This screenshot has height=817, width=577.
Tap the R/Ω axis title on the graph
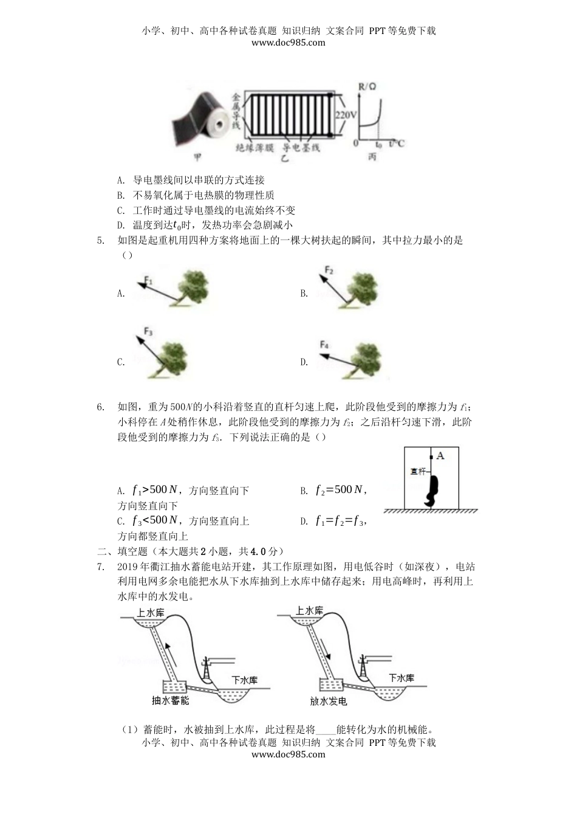click(367, 87)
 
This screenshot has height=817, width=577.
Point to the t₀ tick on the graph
click(378, 145)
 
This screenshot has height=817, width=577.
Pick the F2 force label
click(329, 270)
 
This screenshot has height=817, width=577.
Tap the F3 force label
click(148, 332)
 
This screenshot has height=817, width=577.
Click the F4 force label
click(324, 345)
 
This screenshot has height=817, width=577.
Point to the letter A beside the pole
click(440, 455)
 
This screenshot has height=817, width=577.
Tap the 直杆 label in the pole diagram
click(417, 471)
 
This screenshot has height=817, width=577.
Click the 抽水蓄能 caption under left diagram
click(170, 700)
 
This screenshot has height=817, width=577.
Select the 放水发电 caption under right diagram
click(328, 701)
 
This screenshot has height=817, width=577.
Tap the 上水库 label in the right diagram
click(309, 611)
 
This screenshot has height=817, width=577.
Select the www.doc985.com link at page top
click(288, 43)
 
